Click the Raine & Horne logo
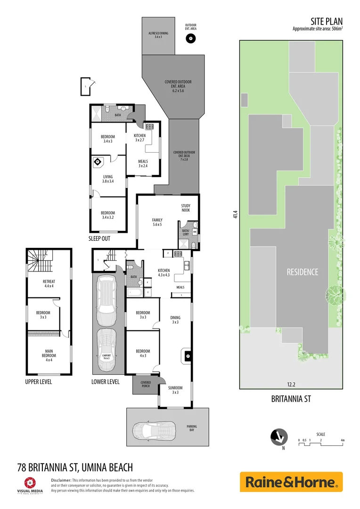click(291, 482)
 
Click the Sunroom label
click(175, 390)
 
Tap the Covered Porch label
click(146, 385)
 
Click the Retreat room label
click(49, 284)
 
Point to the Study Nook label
click(185, 207)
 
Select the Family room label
click(157, 222)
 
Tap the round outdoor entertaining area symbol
click(191, 40)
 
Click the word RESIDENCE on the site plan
click(303, 272)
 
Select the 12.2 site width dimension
click(291, 383)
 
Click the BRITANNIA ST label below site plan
click(291, 399)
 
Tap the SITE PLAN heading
click(327, 21)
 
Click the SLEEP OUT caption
click(99, 238)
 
